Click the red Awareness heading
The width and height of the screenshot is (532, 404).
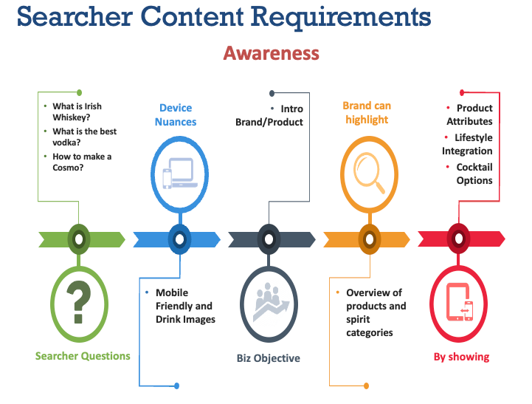click(x=271, y=53)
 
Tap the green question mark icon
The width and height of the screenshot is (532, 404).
click(x=79, y=302)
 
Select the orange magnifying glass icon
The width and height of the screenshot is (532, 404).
click(x=369, y=173)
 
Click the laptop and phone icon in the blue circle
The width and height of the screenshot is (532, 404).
click(x=180, y=173)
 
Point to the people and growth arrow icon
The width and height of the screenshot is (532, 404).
click(x=270, y=301)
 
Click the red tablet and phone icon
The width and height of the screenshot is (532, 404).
click(x=460, y=301)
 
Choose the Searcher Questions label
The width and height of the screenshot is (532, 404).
click(x=83, y=356)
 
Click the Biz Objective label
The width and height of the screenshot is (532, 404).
click(x=269, y=358)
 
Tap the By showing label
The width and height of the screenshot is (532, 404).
click(x=461, y=357)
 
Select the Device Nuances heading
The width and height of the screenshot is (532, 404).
click(x=176, y=114)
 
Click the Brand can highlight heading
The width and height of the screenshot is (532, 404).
click(x=367, y=112)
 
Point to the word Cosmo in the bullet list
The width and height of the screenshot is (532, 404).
click(x=66, y=168)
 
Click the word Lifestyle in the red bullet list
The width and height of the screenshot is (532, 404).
click(x=474, y=137)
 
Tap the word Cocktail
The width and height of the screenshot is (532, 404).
click(x=474, y=167)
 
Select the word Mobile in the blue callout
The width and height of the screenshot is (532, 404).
click(x=172, y=292)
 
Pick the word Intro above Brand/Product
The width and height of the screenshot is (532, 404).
click(x=291, y=109)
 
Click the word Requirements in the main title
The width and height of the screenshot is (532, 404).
click(x=342, y=17)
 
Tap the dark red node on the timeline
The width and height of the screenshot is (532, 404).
click(x=459, y=239)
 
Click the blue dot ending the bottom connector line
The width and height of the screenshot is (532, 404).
click(x=176, y=386)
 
